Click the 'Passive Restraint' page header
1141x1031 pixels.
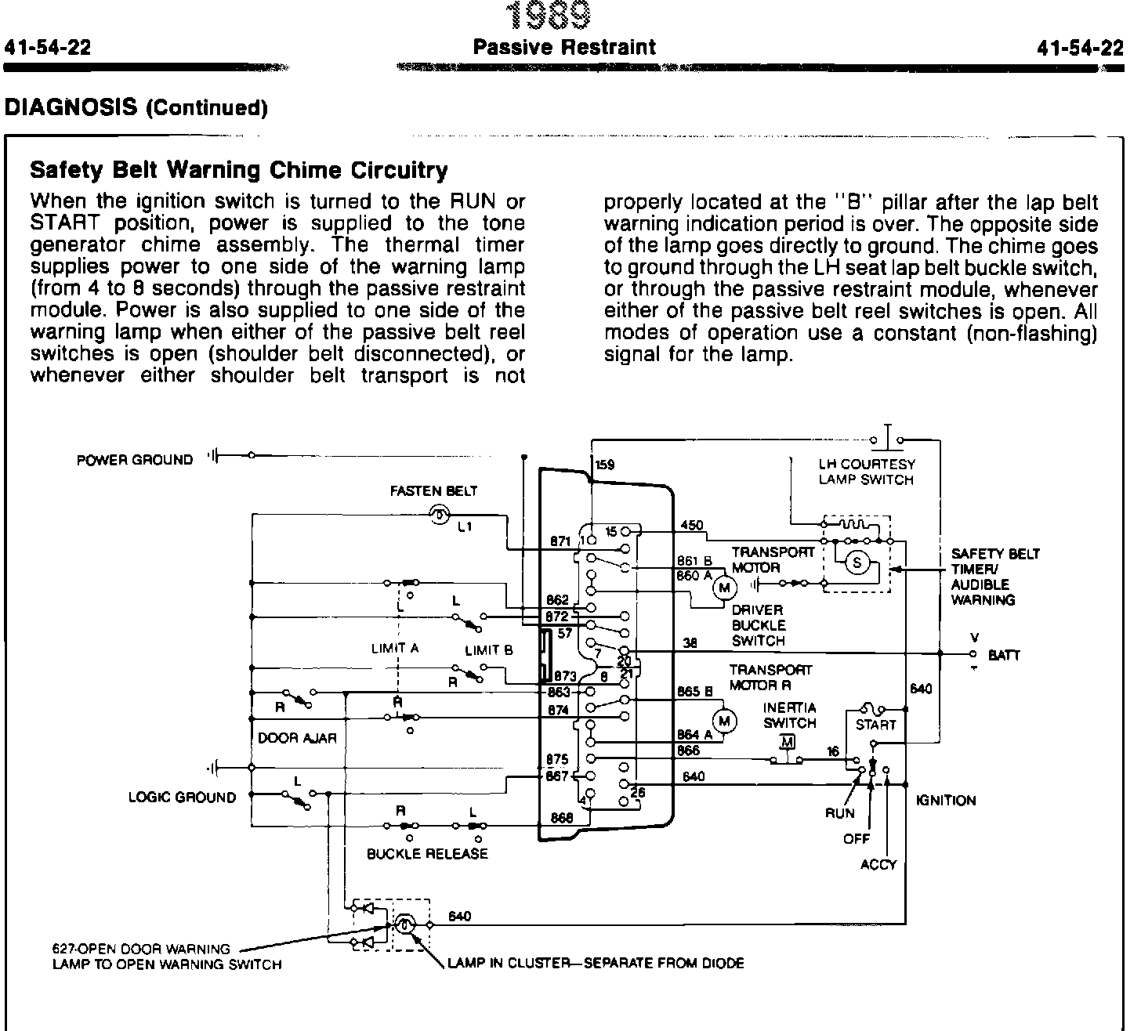tap(564, 48)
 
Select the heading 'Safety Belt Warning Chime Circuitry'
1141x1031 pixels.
tap(238, 170)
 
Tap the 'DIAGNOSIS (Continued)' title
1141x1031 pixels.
tap(136, 107)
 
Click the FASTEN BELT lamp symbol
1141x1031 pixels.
tap(439, 514)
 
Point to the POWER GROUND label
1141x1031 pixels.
tap(134, 460)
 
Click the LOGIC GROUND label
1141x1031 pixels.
tap(182, 798)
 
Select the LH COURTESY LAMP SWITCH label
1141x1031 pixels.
tap(866, 472)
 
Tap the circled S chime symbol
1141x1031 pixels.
tap(857, 563)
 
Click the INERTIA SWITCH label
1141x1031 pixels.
tap(789, 715)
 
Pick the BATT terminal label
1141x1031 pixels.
tap(1004, 655)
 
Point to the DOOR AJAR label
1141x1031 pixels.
tap(297, 738)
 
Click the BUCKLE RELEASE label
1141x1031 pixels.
tap(427, 854)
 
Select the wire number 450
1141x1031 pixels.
tap(692, 526)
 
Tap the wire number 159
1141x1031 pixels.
tap(604, 465)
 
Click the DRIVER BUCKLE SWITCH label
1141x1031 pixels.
tap(758, 625)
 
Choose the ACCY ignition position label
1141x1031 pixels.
tap(878, 865)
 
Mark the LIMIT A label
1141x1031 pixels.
tap(395, 649)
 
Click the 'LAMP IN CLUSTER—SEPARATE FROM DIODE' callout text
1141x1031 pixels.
tap(596, 963)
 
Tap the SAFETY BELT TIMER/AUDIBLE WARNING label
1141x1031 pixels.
tap(995, 577)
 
